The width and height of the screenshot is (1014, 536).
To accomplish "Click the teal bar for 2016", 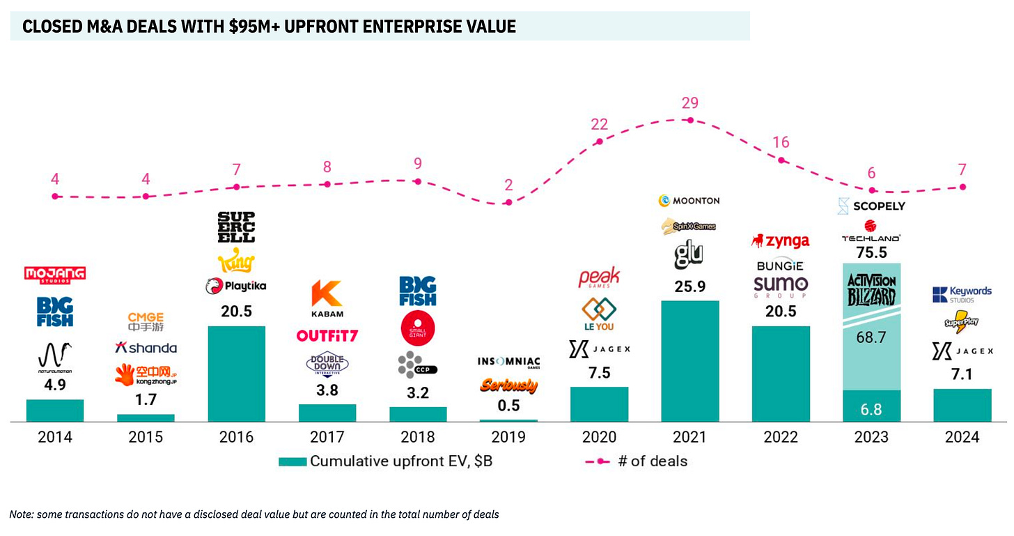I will pyautogui.click(x=237, y=374).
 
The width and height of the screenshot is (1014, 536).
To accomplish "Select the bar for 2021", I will pyautogui.click(x=690, y=361).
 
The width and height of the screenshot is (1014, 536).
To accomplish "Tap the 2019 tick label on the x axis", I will pyautogui.click(x=508, y=437).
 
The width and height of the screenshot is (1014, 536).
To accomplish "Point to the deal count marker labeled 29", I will pyautogui.click(x=690, y=120).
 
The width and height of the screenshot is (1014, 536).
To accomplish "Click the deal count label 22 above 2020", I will pyautogui.click(x=599, y=124).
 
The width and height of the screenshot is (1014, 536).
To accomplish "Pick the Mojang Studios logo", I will pyautogui.click(x=55, y=274).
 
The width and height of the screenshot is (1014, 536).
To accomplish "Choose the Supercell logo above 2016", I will pyautogui.click(x=237, y=227).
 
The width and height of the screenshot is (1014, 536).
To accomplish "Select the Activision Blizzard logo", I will pyautogui.click(x=871, y=290).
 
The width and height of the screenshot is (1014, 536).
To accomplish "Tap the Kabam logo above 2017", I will pyautogui.click(x=327, y=298).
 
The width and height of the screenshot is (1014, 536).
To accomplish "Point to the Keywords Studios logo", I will pyautogui.click(x=962, y=294).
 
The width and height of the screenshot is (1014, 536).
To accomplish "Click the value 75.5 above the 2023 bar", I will pyautogui.click(x=871, y=252).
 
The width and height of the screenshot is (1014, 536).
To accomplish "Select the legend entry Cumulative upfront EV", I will pyautogui.click(x=387, y=461).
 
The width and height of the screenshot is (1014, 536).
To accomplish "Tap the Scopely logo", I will pyautogui.click(x=871, y=206).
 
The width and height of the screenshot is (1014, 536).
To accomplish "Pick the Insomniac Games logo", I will pyautogui.click(x=508, y=362).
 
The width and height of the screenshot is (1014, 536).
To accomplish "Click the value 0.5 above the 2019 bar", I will pyautogui.click(x=508, y=405).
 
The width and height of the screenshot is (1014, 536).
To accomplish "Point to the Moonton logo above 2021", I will pyautogui.click(x=689, y=201).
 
